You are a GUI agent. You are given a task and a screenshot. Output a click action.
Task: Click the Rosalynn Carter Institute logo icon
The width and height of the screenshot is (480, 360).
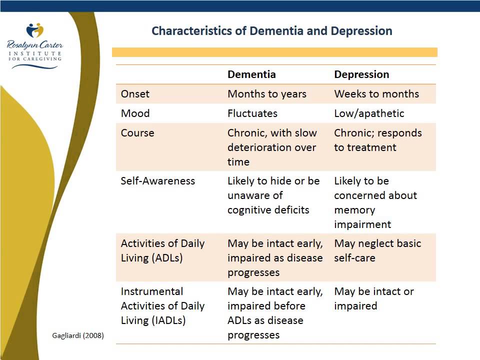(x=35, y=30)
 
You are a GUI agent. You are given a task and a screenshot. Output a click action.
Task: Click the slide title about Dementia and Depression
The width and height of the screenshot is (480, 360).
(x=272, y=31)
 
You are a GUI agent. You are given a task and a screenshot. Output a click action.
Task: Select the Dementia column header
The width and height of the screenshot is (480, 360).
(x=251, y=74)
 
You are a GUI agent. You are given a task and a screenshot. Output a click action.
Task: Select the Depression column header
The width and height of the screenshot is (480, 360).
(x=361, y=74)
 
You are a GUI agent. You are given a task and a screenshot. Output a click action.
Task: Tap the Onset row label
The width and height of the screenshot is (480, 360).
(x=135, y=93)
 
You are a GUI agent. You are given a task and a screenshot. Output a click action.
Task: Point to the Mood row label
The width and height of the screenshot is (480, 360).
(x=135, y=113)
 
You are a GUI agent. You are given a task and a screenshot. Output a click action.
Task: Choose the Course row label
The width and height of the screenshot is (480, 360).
(x=137, y=133)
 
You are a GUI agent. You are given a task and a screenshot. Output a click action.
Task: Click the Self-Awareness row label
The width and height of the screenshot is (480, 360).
(x=157, y=181)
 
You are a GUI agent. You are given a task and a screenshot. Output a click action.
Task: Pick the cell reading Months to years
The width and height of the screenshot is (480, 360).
(x=267, y=94)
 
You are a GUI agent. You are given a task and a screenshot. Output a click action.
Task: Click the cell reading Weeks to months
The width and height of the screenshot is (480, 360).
(x=376, y=93)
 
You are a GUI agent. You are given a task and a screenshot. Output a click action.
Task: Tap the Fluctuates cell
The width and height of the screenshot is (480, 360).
(x=252, y=113)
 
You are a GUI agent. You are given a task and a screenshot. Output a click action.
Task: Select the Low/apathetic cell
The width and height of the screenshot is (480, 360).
(x=369, y=113)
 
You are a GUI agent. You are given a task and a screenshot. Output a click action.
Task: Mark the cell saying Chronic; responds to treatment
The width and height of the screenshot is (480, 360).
(x=378, y=140)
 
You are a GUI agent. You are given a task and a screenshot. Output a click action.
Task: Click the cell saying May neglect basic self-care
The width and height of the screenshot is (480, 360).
(x=378, y=250)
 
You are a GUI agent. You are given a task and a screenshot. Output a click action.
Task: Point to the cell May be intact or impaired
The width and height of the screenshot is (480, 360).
(x=374, y=299)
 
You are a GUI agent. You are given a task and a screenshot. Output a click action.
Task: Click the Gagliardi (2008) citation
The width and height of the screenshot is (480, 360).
(x=78, y=335)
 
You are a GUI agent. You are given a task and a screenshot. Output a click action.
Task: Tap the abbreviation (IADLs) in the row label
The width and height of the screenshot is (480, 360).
(x=168, y=320)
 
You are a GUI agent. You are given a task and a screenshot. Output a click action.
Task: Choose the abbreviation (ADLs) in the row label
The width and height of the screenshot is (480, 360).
(x=167, y=258)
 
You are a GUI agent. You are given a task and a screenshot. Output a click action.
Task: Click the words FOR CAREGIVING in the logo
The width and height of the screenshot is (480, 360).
(x=35, y=59)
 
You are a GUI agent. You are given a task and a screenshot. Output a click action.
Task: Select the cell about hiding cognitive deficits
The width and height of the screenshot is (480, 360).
(x=273, y=195)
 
